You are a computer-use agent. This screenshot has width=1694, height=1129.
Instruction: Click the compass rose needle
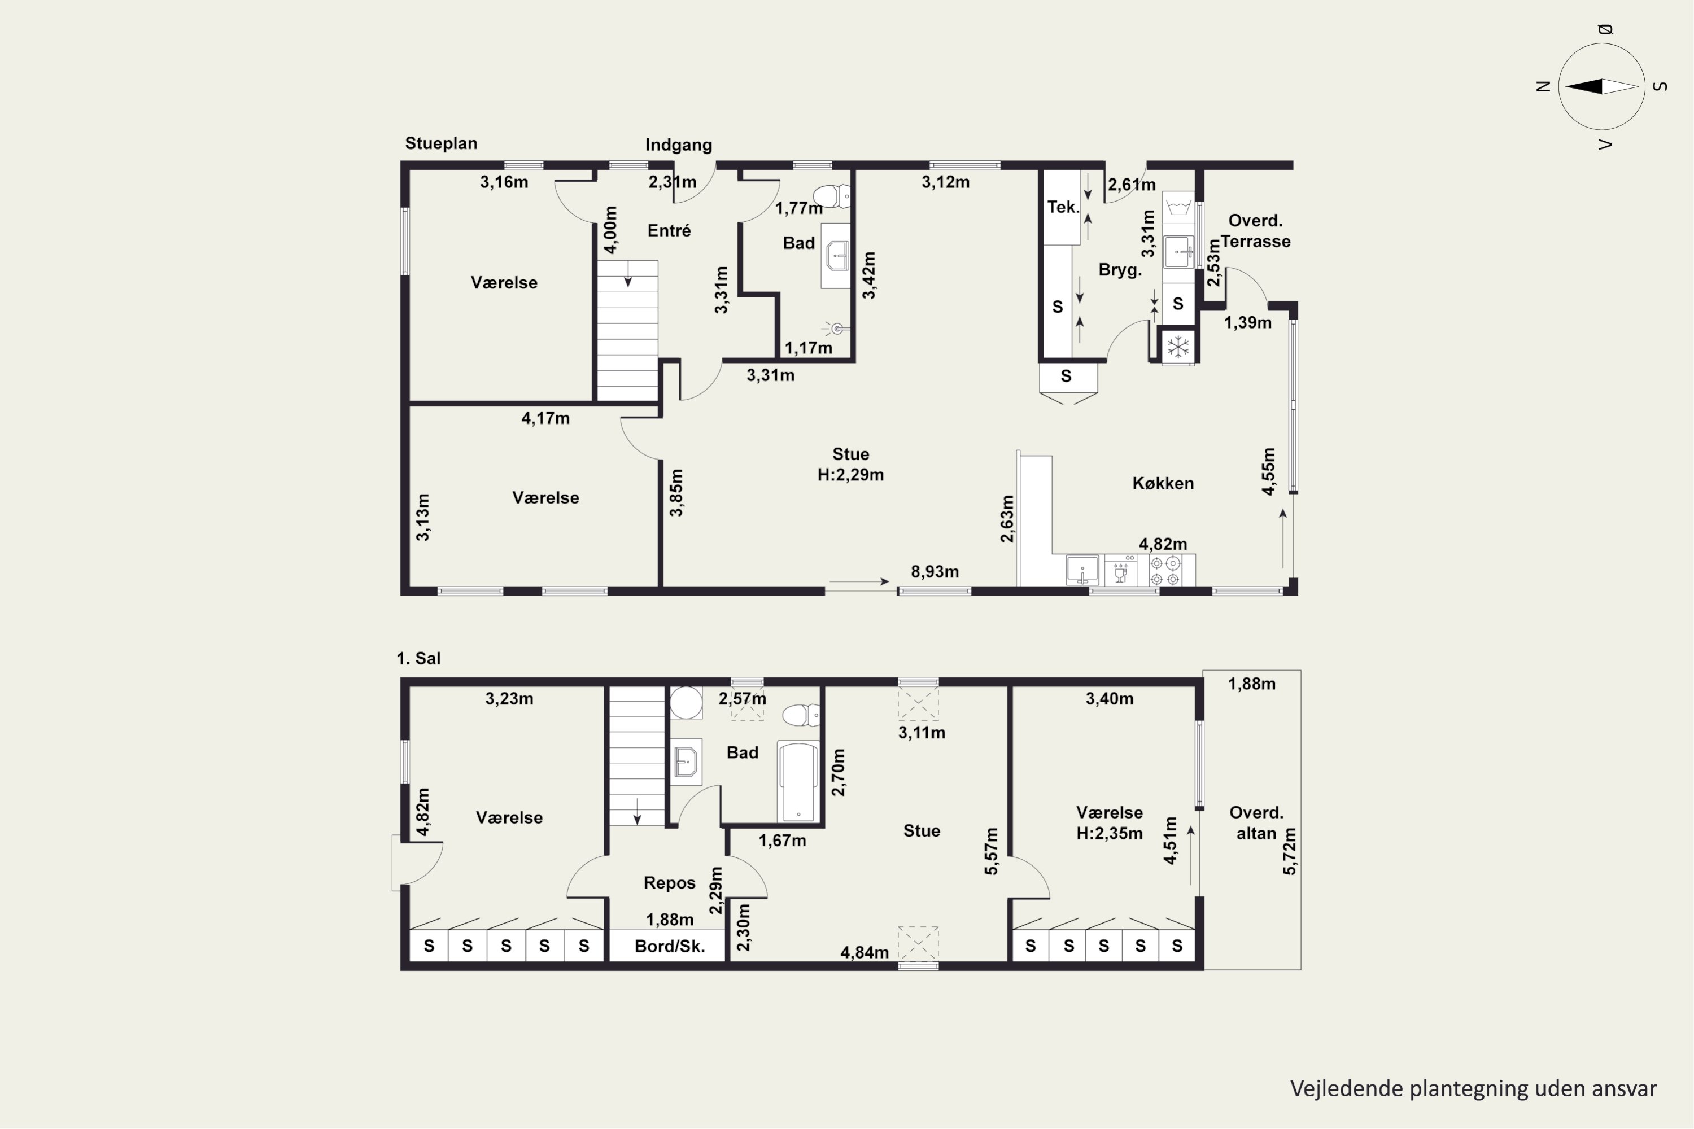[x=1602, y=86]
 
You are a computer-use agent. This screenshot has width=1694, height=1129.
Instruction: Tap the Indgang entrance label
[x=679, y=145]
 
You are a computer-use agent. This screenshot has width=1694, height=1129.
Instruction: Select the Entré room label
[x=669, y=230]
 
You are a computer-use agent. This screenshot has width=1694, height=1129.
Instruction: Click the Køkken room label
[x=1163, y=483]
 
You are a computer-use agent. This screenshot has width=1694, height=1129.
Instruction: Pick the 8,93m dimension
[x=935, y=572]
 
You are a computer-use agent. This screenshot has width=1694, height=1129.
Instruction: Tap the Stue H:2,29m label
[x=850, y=465]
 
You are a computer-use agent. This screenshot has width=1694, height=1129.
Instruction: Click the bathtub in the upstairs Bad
[x=798, y=781]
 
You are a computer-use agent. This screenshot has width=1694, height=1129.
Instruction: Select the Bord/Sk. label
[x=669, y=946]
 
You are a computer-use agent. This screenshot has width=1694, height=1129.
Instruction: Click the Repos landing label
[x=670, y=883]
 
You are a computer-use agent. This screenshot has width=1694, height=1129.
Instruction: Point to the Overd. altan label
[x=1256, y=823]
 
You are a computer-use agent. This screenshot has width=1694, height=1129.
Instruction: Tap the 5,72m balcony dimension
[x=1289, y=852]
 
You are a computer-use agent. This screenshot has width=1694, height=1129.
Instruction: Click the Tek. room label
[x=1063, y=207]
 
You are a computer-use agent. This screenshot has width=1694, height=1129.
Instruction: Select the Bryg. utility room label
[x=1120, y=270]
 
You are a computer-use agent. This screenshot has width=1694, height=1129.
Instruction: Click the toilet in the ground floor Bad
[x=831, y=196]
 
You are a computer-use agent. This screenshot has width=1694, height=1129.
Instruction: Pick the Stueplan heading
[x=441, y=143]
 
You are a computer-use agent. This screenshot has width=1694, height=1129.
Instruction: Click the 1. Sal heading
[x=418, y=658]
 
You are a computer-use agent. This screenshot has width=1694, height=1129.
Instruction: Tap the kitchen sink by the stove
[x=1082, y=570]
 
